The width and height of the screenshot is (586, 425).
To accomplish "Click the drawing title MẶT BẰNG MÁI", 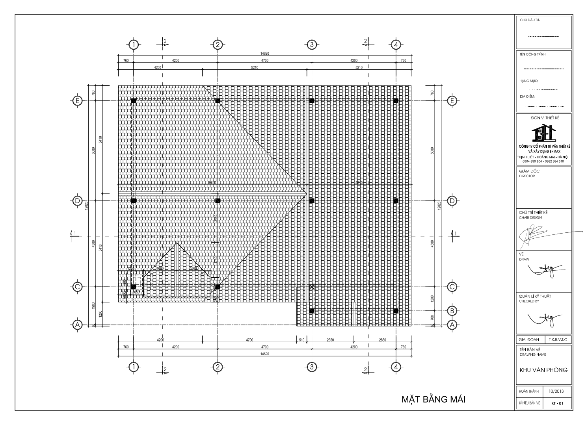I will pos(433,399).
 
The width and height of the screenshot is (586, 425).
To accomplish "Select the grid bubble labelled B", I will pos(452,310).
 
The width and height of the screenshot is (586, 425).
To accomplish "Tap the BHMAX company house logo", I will pos(543,133).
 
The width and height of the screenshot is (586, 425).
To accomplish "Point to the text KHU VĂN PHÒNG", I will pos(543,370).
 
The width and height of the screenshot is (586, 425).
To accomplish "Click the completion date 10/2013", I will pos(556,392).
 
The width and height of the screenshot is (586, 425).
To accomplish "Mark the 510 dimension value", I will pos(302,340).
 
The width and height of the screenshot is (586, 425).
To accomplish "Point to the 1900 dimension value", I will pos(93,306).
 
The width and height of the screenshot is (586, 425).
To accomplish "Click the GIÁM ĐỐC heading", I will pos(530,171).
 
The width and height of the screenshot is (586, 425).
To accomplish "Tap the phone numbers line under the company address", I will pos(543,161).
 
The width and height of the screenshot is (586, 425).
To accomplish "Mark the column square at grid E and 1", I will pos(134,101).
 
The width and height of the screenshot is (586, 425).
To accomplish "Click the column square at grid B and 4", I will pos(396,311).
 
